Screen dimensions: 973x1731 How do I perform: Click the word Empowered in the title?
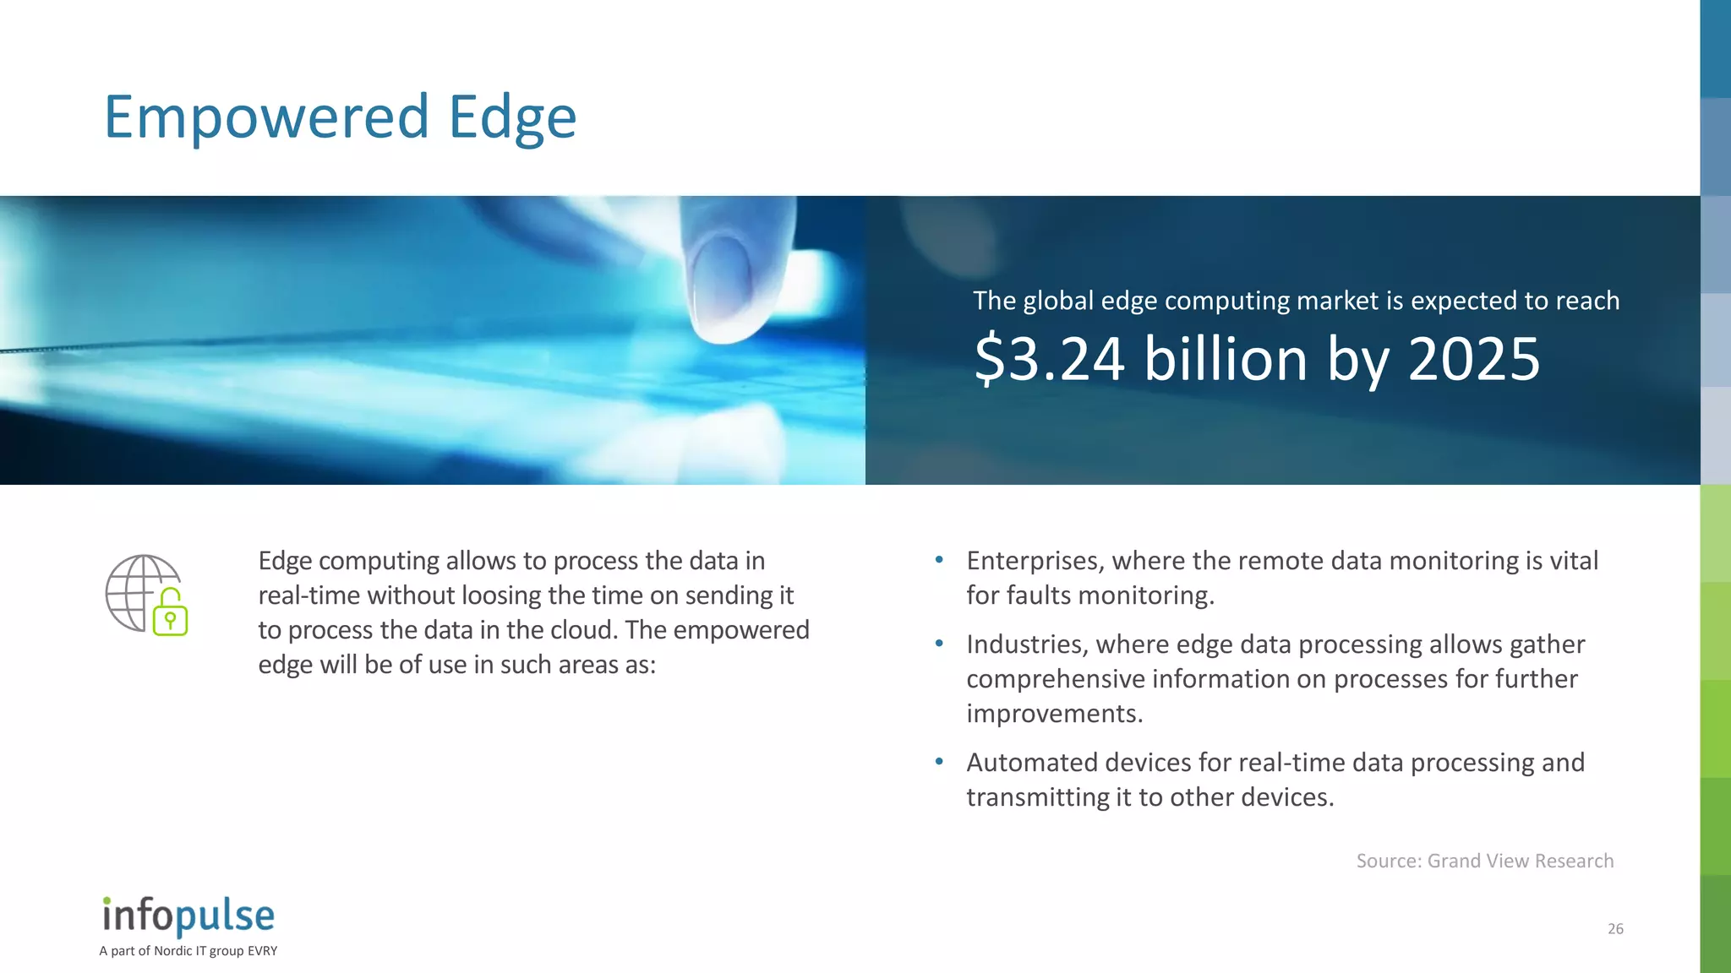pos(266,117)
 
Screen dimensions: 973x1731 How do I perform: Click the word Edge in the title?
pos(512,117)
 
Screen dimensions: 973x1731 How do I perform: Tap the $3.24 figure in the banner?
pos(1049,359)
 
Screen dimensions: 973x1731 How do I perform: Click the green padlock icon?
pos(170,614)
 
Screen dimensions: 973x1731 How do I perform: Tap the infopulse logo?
pos(188,916)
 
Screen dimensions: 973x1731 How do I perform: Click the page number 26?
pos(1615,929)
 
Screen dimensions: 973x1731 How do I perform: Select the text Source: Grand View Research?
pos(1484,861)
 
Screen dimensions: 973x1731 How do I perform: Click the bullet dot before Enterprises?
pos(939,560)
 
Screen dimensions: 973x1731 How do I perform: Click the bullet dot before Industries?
pos(939,644)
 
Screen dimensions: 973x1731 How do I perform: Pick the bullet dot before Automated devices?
pos(939,762)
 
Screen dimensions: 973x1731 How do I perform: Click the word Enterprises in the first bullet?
pos(1035,561)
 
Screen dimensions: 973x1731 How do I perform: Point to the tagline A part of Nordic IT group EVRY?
pos(188,951)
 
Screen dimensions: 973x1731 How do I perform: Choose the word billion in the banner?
pos(1226,359)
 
